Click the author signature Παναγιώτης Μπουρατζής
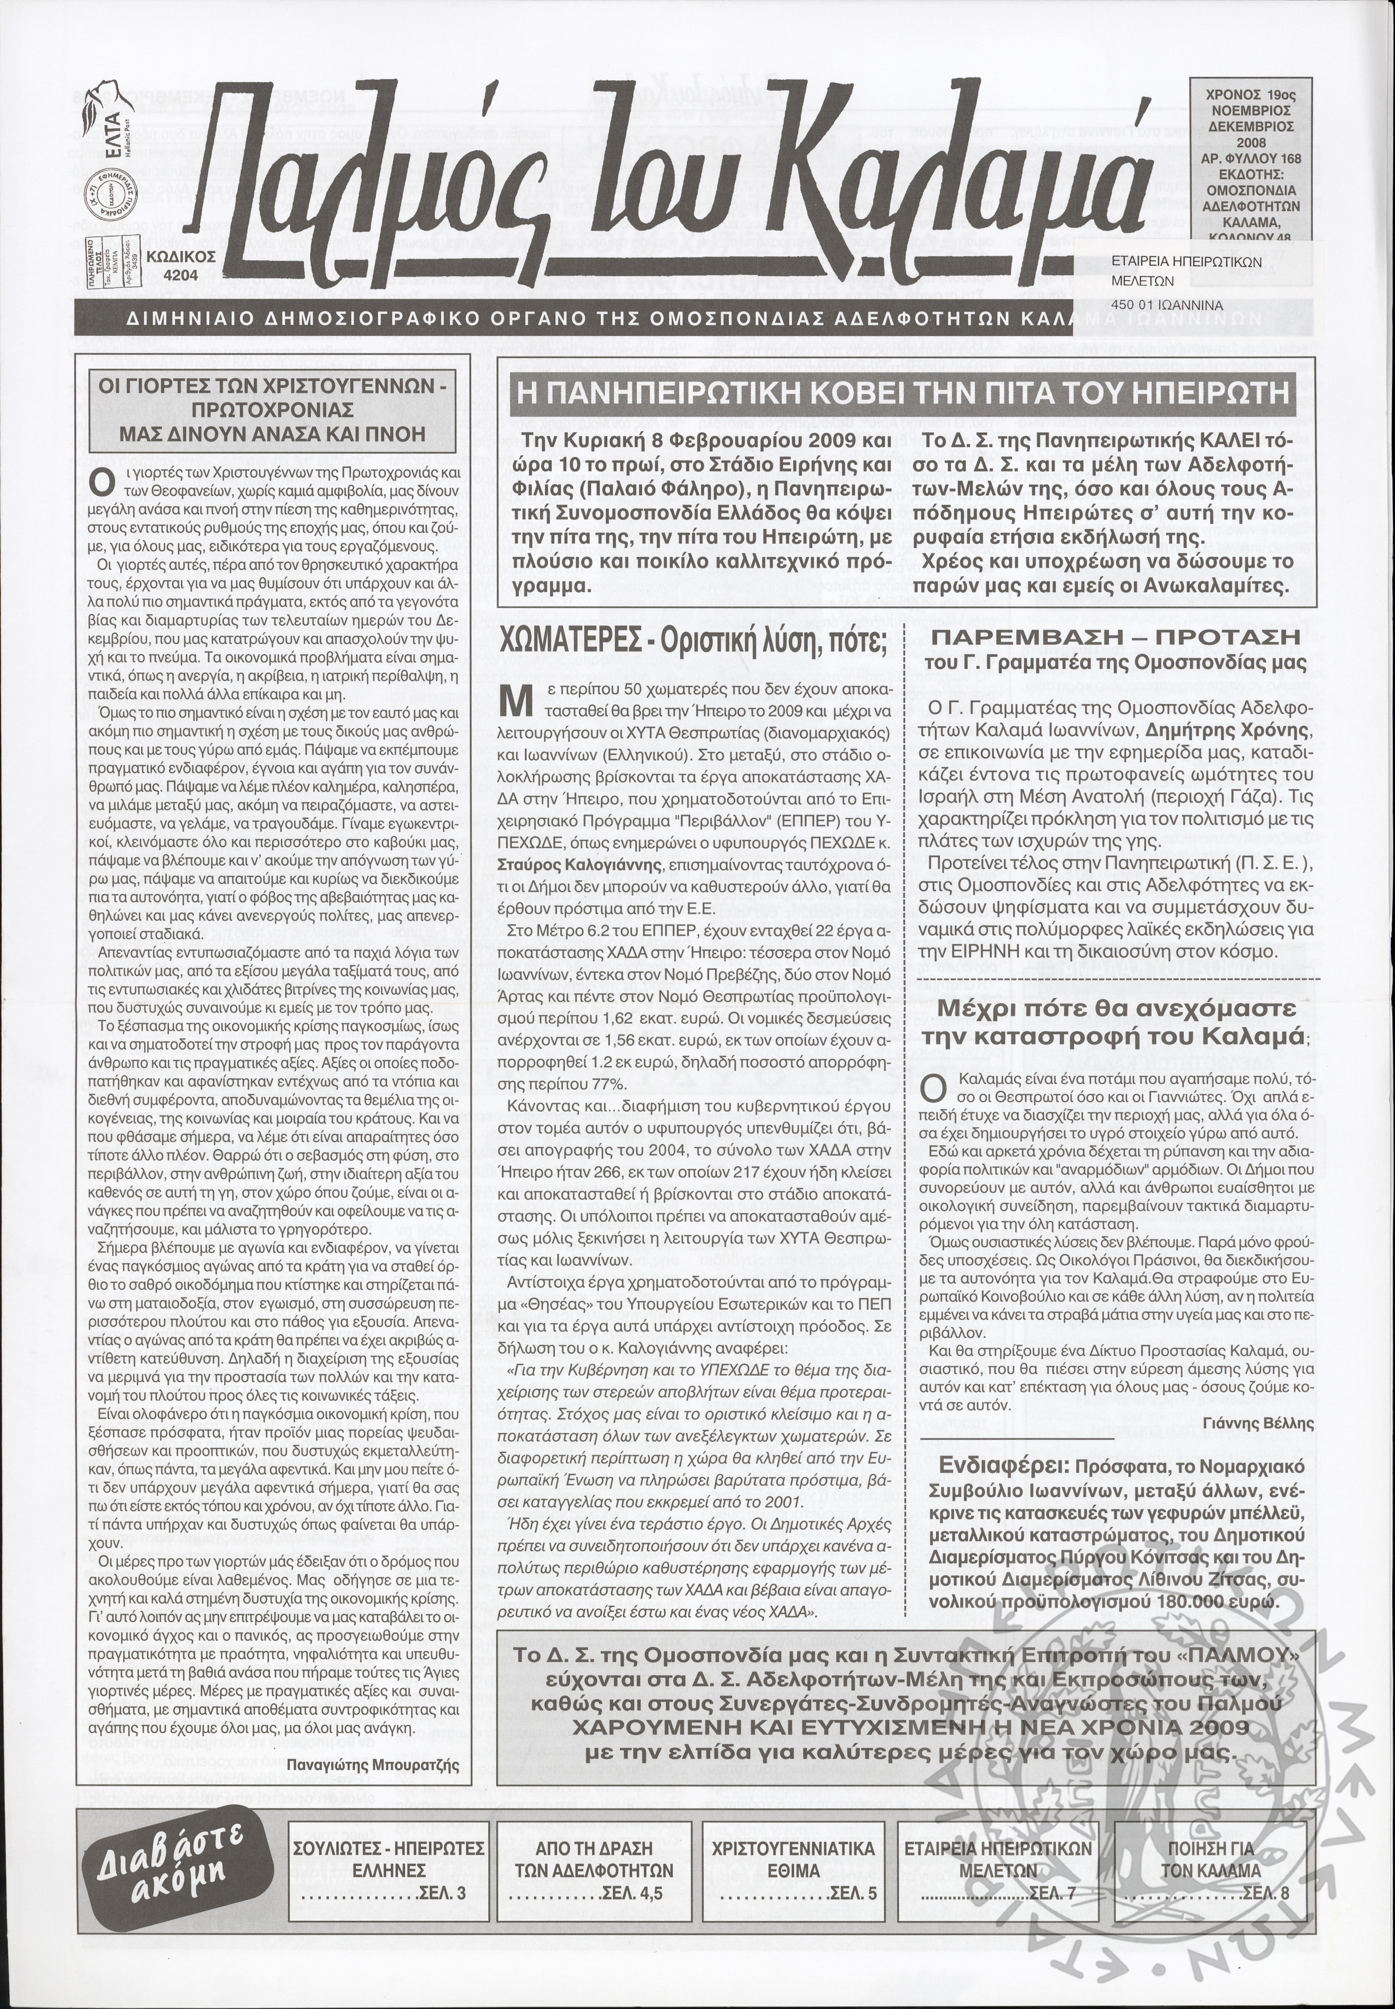coord(373,1716)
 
